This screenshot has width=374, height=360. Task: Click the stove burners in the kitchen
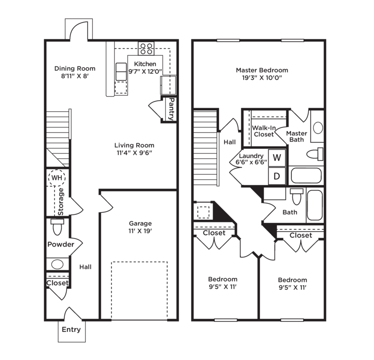[x=146, y=49]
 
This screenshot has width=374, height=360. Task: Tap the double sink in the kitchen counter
[x=121, y=72]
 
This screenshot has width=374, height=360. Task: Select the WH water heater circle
[x=57, y=178]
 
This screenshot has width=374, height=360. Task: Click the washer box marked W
[x=277, y=158]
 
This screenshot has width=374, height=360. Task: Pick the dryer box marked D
[x=277, y=176]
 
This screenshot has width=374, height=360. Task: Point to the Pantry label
[x=171, y=109]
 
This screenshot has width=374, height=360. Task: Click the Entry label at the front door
[x=71, y=330]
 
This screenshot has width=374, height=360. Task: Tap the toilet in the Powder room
[x=57, y=227]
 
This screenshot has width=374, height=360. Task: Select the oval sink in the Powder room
[x=57, y=264]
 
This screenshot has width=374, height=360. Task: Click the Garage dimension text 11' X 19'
[x=140, y=231]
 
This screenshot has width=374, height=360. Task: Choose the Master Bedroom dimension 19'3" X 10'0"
[x=262, y=78]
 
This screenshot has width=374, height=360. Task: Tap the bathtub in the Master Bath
[x=306, y=176]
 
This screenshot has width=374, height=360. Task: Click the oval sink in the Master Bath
[x=318, y=128]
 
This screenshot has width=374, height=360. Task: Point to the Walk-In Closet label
[x=264, y=131]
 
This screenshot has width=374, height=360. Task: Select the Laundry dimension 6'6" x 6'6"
[x=251, y=163]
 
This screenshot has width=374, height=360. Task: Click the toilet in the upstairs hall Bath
[x=296, y=197]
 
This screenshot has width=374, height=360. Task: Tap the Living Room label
[x=135, y=145]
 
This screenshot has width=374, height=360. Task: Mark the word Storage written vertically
[x=61, y=202]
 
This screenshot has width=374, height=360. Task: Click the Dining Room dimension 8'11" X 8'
[x=75, y=76]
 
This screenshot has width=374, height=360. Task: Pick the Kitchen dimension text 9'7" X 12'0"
[x=145, y=71]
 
